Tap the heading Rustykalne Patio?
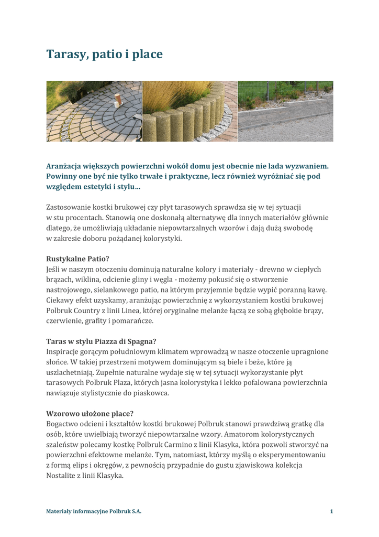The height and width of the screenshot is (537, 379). pyautogui.click(x=78, y=259)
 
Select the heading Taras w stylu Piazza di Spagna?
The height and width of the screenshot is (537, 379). pyautogui.click(x=101, y=341)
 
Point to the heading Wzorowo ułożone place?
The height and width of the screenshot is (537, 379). pyautogui.click(x=90, y=414)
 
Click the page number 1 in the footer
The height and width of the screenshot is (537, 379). pyautogui.click(x=331, y=511)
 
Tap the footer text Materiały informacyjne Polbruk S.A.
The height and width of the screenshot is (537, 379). pyautogui.click(x=94, y=511)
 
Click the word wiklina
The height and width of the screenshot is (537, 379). pyautogui.click(x=88, y=280)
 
